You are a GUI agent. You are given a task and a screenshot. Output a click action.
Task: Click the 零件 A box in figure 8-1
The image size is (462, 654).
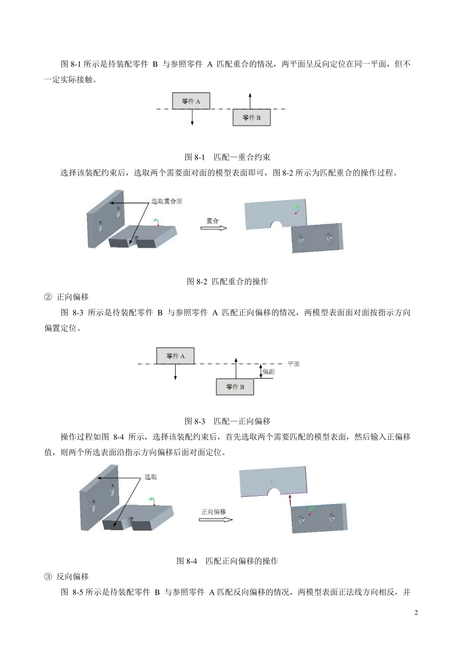click(191, 101)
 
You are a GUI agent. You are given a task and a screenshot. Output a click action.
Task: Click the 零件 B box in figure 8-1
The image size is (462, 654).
click(251, 118)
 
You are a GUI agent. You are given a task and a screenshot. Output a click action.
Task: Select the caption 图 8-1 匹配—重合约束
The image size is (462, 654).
click(228, 157)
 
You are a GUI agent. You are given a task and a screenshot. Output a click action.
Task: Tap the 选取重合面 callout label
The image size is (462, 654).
click(166, 201)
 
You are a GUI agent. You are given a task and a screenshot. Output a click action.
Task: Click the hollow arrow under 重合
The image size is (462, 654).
click(214, 228)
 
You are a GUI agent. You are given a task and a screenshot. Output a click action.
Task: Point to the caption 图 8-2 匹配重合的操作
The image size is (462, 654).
click(228, 281)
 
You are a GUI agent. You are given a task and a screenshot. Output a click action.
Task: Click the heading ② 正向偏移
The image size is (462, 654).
click(67, 297)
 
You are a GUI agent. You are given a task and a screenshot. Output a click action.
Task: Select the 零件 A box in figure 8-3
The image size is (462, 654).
click(175, 356)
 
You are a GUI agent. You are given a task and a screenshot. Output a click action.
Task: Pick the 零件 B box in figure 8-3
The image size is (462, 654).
click(235, 387)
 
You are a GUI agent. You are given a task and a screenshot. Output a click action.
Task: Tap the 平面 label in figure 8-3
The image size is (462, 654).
click(294, 364)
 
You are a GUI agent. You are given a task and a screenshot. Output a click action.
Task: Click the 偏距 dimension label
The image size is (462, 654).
click(268, 372)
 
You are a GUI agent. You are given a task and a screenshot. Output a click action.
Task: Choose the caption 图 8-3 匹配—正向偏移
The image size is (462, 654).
click(228, 421)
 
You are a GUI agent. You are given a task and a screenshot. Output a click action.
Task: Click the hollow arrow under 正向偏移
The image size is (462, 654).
click(215, 520)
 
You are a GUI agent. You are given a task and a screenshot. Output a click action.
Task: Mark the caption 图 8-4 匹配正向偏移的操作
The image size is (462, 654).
click(227, 561)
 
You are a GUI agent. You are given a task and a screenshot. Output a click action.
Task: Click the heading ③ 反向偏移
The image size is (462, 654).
click(67, 577)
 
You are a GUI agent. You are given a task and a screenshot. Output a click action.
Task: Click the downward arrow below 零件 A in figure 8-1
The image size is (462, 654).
click(193, 118)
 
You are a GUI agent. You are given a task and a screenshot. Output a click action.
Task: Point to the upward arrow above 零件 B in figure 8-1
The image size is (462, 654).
click(250, 101)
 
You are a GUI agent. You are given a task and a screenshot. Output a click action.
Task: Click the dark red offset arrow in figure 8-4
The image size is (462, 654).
click(290, 501)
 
